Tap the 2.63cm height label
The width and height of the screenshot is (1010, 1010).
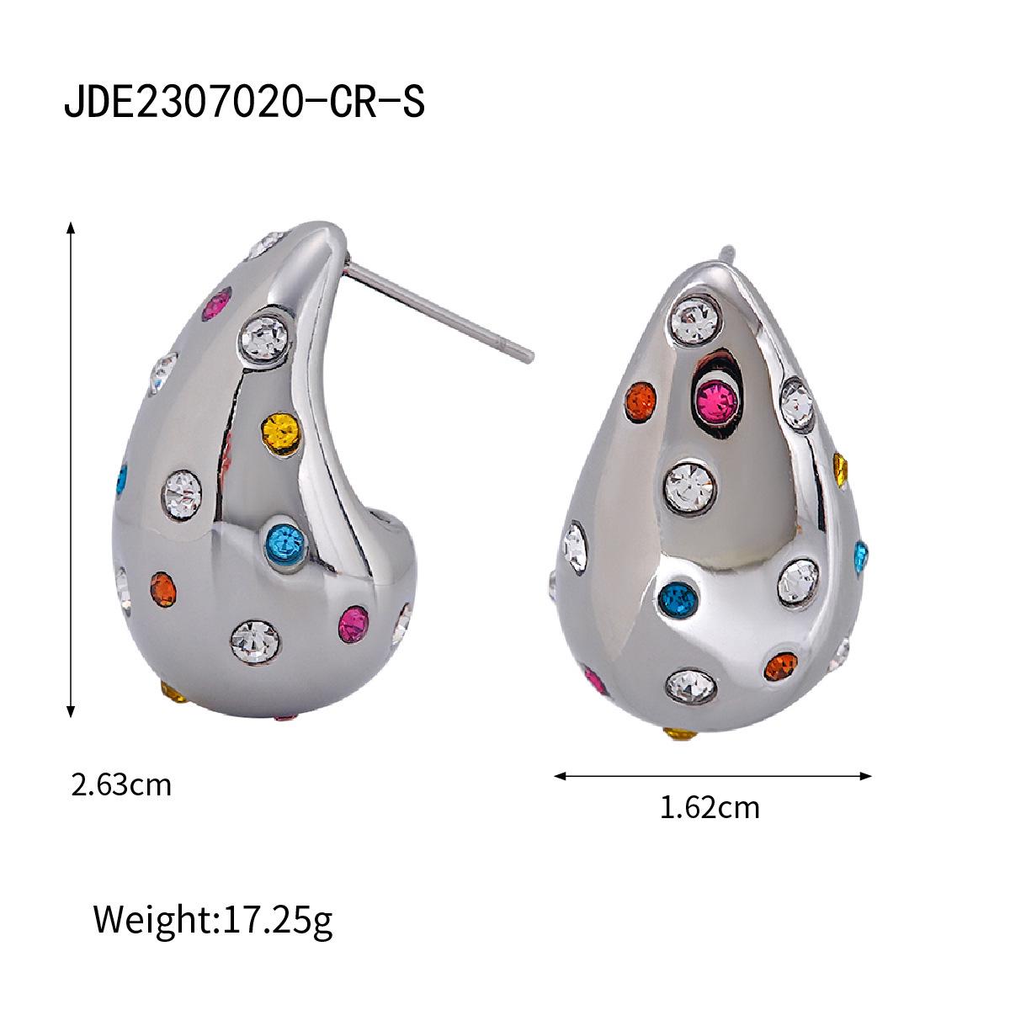pyautogui.click(x=121, y=785)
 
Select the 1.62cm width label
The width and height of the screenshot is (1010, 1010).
pyautogui.click(x=710, y=807)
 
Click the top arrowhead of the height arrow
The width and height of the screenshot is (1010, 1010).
pyautogui.click(x=72, y=228)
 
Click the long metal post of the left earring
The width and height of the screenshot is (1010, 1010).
pyautogui.click(x=438, y=308)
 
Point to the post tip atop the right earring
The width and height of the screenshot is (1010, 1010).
pyautogui.click(x=726, y=252)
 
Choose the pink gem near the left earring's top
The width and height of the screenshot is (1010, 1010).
pyautogui.click(x=218, y=306)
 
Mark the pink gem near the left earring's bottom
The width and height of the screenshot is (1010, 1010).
pyautogui.click(x=352, y=623)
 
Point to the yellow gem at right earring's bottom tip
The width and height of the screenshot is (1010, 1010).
pyautogui.click(x=680, y=735)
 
